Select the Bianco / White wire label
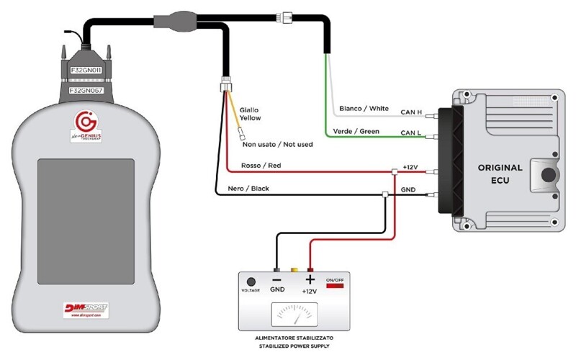point(364,109)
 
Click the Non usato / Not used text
point(277,145)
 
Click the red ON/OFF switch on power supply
point(336,286)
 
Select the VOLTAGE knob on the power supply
point(251,282)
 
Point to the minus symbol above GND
point(276,279)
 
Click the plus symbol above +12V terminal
point(310,279)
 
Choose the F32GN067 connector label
point(89,91)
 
